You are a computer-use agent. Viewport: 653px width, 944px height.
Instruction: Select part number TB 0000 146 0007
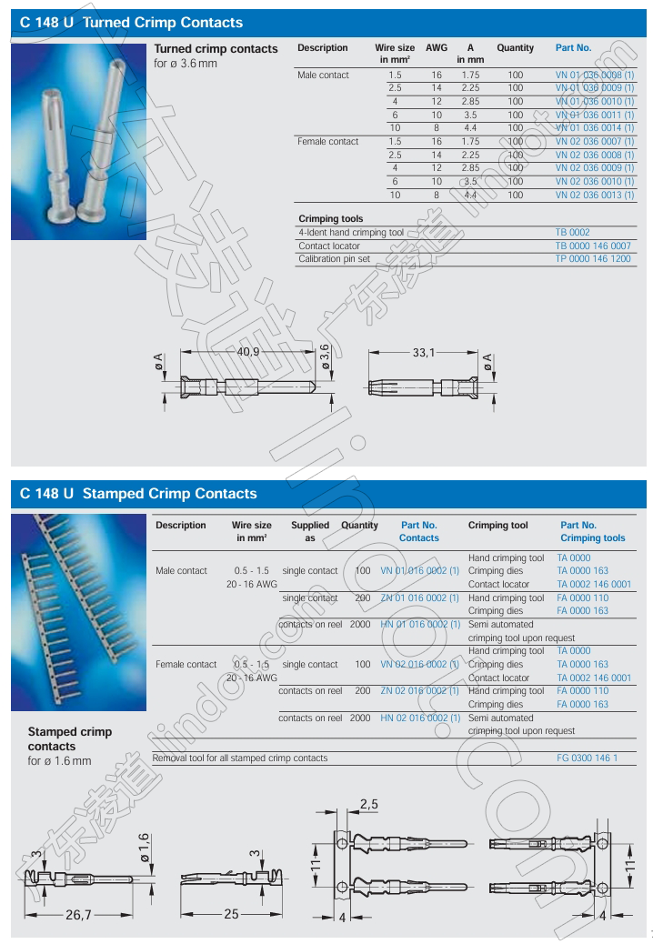[x=592, y=246]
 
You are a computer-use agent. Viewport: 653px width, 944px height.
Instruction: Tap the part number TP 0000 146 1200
[x=592, y=259]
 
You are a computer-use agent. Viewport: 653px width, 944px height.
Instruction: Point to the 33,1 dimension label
[x=425, y=351]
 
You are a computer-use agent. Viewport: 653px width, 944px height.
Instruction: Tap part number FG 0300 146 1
[x=587, y=758]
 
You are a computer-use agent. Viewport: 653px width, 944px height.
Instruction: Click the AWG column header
[x=437, y=47]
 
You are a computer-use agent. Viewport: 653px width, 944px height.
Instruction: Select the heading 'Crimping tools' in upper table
[x=330, y=219]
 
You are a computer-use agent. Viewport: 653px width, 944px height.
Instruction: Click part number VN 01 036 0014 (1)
[x=595, y=128]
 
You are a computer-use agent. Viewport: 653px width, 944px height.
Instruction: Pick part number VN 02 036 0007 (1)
[x=595, y=142]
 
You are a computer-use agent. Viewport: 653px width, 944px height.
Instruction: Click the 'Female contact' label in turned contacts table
[x=327, y=142]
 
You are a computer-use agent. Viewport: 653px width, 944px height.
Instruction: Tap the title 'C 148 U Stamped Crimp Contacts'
[x=138, y=494]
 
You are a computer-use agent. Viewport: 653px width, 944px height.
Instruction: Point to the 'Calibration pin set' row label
[x=334, y=259]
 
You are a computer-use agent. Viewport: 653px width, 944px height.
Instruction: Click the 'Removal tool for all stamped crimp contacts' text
[x=240, y=758]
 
